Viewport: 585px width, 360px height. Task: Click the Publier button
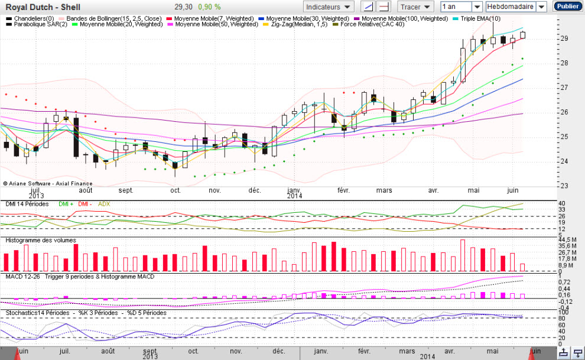click(567, 7)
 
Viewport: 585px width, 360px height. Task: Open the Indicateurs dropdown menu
click(328, 7)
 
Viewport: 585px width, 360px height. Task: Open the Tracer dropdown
click(415, 7)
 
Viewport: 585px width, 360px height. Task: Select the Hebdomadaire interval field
click(511, 7)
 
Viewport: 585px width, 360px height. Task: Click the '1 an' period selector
click(456, 7)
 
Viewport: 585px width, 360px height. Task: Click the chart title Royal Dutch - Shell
click(43, 7)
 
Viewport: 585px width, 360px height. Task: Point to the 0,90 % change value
click(209, 7)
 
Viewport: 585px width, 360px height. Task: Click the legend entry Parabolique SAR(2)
click(37, 24)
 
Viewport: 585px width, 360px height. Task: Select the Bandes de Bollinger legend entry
click(110, 18)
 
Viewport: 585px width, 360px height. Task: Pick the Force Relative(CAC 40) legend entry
click(369, 24)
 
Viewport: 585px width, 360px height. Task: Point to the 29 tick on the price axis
click(564, 38)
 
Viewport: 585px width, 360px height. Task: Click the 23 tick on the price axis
click(564, 186)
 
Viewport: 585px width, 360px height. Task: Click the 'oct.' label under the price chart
click(175, 190)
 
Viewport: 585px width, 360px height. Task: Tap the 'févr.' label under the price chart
click(343, 190)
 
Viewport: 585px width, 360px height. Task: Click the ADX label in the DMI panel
click(104, 204)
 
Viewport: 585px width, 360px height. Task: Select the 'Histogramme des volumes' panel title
click(41, 240)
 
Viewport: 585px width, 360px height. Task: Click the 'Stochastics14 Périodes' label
click(37, 313)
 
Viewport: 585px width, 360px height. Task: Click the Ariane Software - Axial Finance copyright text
click(47, 183)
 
